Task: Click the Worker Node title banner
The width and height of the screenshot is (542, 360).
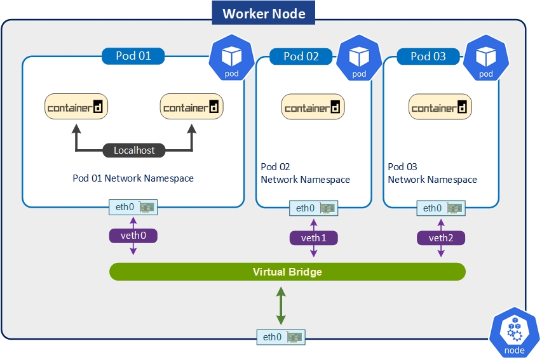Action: coord(264,13)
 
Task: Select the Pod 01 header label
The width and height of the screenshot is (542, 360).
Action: coord(133,56)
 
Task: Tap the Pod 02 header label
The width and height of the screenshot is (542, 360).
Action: coord(301,57)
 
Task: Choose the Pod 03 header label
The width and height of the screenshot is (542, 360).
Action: coord(428,57)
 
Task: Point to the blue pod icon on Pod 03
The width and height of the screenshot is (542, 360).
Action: coord(486,61)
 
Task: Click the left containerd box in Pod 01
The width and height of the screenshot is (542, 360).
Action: coord(76,107)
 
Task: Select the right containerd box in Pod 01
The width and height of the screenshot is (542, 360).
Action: coord(191,107)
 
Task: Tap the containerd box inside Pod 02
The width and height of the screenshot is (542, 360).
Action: coord(313,107)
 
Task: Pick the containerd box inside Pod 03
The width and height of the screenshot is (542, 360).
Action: coord(440,107)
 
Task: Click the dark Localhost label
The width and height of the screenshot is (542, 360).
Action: coord(134,150)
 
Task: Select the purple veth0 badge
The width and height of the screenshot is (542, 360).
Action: coord(133,236)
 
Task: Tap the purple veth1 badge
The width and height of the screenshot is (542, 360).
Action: coord(314,238)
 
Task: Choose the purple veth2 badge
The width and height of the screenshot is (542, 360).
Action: coord(441,238)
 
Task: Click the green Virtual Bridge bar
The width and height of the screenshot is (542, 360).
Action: coord(287,272)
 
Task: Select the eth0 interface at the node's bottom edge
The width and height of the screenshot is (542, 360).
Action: coord(280,337)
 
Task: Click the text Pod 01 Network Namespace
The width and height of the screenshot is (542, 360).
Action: coord(133,178)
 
